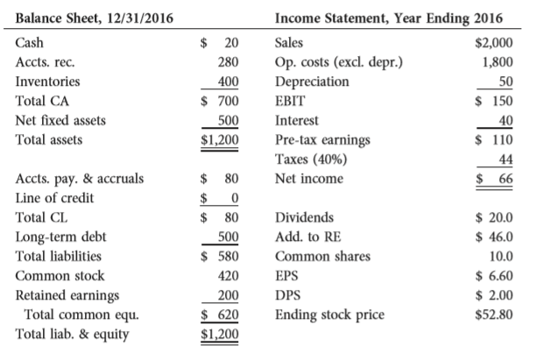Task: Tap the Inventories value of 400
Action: coord(228,81)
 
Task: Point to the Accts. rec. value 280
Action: coord(228,62)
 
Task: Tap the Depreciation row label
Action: coord(312,81)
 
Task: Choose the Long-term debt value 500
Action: coord(228,236)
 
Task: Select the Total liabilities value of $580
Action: coord(221,256)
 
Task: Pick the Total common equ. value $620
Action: coord(221,314)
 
